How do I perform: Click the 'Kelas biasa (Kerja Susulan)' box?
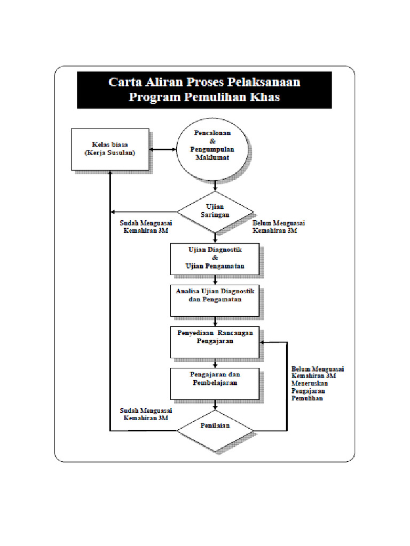click(x=110, y=149)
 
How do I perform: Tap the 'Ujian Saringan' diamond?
click(x=215, y=211)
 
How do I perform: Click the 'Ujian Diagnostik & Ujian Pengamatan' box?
click(x=215, y=259)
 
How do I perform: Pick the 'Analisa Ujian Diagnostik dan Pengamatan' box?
click(x=215, y=299)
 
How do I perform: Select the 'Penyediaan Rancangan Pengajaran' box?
click(x=215, y=341)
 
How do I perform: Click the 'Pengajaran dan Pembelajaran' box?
click(x=215, y=383)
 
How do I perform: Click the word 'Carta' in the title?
click(x=125, y=82)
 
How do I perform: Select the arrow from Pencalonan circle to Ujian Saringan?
click(x=215, y=186)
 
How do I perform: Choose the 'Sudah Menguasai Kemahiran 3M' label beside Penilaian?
click(x=145, y=414)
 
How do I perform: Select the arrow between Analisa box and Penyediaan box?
click(x=215, y=322)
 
